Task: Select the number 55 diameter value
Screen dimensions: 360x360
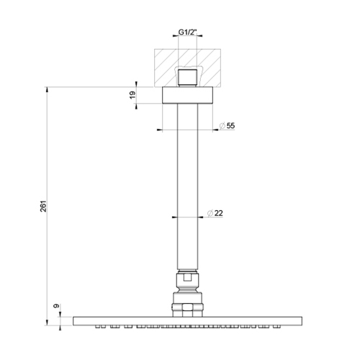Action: (x=230, y=126)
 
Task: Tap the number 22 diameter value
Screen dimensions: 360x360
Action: (x=219, y=213)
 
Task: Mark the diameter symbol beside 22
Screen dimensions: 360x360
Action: (x=208, y=213)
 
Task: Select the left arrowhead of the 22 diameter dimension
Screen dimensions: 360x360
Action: (x=174, y=217)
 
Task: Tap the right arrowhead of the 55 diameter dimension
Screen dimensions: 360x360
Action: (x=214, y=130)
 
